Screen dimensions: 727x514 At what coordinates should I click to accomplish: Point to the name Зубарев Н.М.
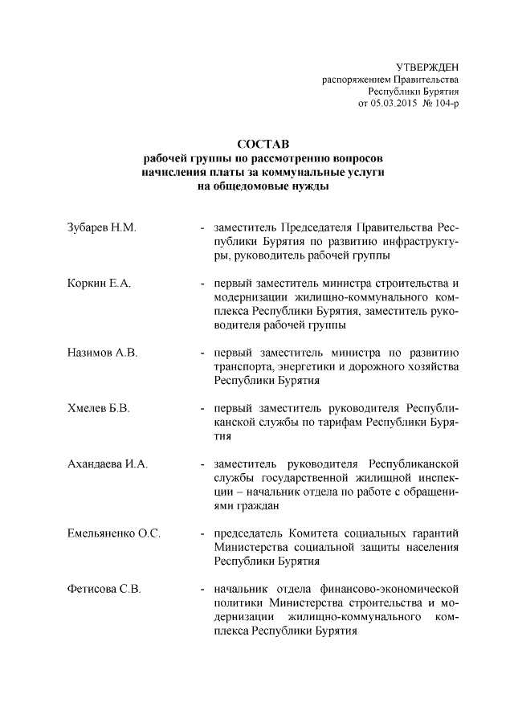coord(102,227)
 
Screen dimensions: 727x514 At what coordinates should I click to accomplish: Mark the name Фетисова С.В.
coord(104,589)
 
